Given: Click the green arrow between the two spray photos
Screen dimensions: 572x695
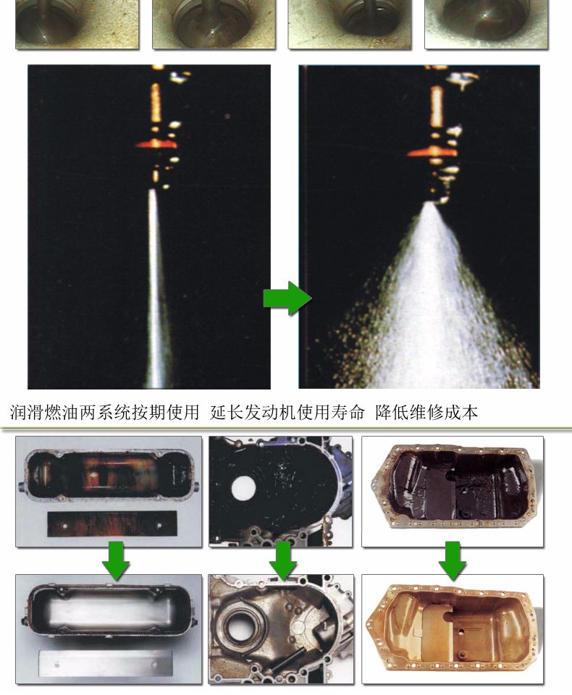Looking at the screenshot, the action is pyautogui.click(x=287, y=298).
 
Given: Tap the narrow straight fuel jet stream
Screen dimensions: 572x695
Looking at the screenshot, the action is pyautogui.click(x=156, y=288).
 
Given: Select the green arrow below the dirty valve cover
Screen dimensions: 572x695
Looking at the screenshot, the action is pyautogui.click(x=116, y=560).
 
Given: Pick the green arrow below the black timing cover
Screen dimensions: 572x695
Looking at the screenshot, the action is pyautogui.click(x=283, y=560).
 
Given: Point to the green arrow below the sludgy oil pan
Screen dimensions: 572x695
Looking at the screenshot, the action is pyautogui.click(x=453, y=560).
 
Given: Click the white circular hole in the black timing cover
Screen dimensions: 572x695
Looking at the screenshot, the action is pyautogui.click(x=243, y=487).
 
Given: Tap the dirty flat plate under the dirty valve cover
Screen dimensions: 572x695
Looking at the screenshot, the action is pyautogui.click(x=112, y=524).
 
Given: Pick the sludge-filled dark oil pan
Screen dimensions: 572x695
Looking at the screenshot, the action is pyautogui.click(x=453, y=486).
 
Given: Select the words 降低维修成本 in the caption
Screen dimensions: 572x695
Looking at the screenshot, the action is pyautogui.click(x=426, y=412).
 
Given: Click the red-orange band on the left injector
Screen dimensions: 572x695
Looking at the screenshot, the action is pyautogui.click(x=156, y=144).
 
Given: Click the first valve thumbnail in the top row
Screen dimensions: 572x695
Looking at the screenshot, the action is pyautogui.click(x=77, y=24).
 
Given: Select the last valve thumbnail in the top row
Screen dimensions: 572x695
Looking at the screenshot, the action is pyautogui.click(x=487, y=24).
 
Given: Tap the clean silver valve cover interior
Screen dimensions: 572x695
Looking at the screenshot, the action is pyautogui.click(x=109, y=611).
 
